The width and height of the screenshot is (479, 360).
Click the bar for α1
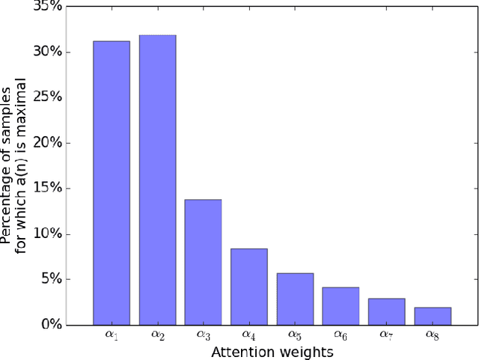[112, 183]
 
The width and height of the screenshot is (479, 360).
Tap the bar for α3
[203, 262]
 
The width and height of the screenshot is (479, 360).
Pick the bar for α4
[248, 287]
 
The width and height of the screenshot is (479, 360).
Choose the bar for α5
[295, 299]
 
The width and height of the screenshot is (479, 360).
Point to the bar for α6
[341, 305]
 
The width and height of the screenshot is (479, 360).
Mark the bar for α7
[386, 311]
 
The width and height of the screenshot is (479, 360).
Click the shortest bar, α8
[432, 316]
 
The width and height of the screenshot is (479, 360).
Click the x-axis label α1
[112, 335]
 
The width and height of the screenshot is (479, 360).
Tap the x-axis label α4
[249, 335]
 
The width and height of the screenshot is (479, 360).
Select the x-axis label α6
[341, 335]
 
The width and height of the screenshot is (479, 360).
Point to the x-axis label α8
[433, 335]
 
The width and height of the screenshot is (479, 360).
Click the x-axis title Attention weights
[272, 351]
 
